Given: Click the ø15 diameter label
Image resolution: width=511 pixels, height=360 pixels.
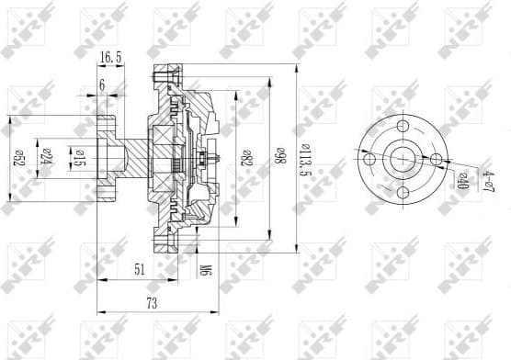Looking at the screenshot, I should (x=80, y=159).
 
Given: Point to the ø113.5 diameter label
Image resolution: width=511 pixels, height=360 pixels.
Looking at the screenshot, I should (x=306, y=157).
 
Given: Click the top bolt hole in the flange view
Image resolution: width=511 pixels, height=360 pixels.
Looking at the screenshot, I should (x=403, y=127).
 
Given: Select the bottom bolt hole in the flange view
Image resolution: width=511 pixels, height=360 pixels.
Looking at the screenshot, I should (x=403, y=193).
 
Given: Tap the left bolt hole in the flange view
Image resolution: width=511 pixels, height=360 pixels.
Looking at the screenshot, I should (x=369, y=160).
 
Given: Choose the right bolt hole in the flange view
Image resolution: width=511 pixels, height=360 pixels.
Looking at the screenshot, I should (x=436, y=160).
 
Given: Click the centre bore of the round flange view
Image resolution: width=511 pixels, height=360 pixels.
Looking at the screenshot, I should (x=403, y=160).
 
